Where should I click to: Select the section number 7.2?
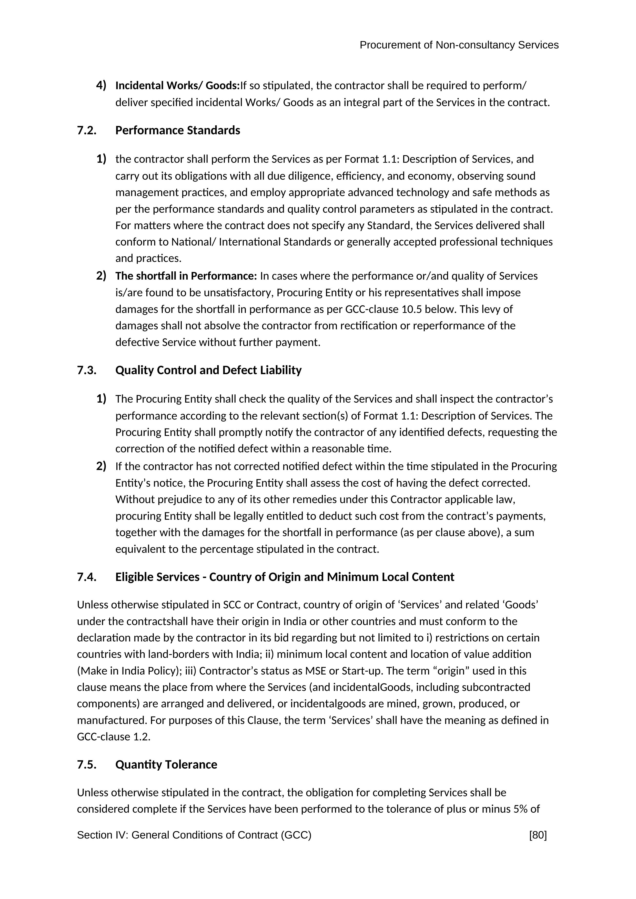[x=87, y=130]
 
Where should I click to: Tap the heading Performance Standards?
[x=177, y=130]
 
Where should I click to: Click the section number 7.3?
[x=87, y=370]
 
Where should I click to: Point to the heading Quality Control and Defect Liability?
[x=208, y=370]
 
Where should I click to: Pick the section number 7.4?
[x=87, y=577]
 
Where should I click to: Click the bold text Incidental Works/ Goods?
[x=177, y=85]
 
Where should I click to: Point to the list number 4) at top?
[x=101, y=85]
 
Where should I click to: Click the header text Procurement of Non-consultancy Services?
[x=459, y=45]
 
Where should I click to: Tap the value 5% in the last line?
[x=520, y=809]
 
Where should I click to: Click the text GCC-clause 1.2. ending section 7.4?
[x=114, y=737]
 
